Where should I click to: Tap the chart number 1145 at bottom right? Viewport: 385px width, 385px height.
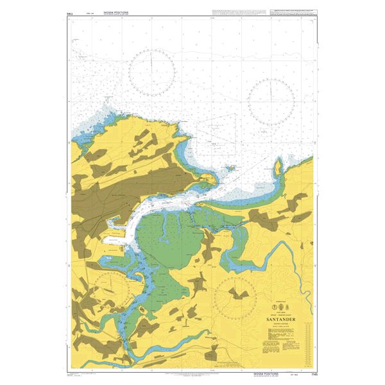pos(311,373)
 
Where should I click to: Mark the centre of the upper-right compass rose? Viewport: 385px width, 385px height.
pos(271,101)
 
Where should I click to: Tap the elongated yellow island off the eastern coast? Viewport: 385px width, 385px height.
pos(278,167)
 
